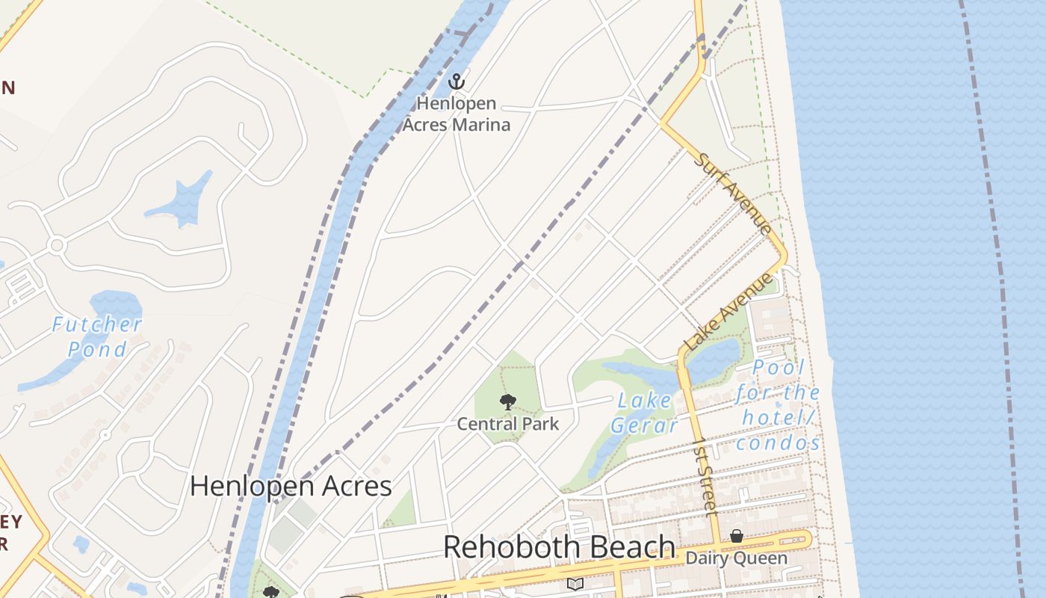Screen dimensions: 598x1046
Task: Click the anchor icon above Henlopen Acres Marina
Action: [456, 81]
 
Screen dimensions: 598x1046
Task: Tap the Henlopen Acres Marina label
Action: [456, 114]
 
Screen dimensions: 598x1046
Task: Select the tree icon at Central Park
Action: [508, 402]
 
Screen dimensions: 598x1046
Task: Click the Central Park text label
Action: [508, 424]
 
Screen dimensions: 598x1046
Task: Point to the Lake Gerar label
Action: [643, 413]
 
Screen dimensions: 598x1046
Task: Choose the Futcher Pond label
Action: [96, 336]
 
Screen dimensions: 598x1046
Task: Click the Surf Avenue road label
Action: [732, 193]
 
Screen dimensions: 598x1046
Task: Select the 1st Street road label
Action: [705, 477]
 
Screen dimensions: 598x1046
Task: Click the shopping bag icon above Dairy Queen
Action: [737, 536]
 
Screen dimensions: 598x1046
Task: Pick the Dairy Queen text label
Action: [736, 558]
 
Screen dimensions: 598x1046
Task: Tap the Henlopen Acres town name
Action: [291, 486]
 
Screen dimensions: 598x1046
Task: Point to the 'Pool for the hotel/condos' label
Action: [779, 405]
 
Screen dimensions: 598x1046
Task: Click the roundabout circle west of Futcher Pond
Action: [57, 245]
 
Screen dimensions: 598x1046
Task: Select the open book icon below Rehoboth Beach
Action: [575, 584]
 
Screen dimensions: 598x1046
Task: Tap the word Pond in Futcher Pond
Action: [97, 349]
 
